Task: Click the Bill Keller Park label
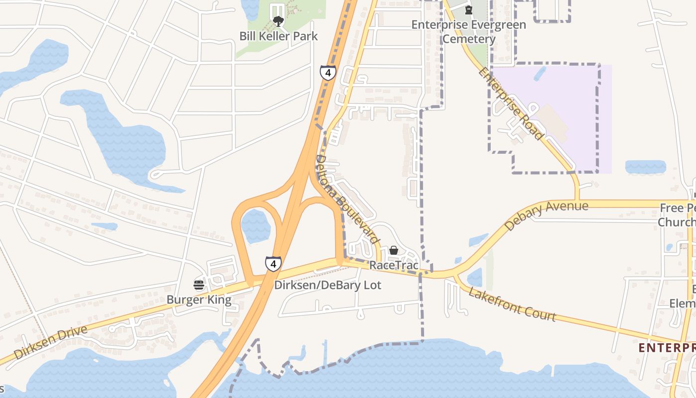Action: click(278, 36)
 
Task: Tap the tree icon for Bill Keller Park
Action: click(278, 21)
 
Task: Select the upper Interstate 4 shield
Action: click(328, 73)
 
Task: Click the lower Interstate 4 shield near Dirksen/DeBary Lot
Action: click(273, 264)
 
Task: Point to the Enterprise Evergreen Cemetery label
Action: click(468, 32)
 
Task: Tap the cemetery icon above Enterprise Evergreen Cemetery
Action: click(468, 9)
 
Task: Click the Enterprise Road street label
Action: click(511, 104)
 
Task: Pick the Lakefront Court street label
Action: click(512, 304)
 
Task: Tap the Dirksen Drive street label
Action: click(51, 342)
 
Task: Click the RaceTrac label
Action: click(394, 265)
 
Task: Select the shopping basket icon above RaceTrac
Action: click(394, 250)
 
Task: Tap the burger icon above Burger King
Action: click(199, 285)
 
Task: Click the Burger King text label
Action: click(199, 300)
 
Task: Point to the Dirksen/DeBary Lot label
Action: click(328, 285)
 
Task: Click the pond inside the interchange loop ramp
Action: click(255, 226)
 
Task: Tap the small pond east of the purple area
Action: click(645, 167)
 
